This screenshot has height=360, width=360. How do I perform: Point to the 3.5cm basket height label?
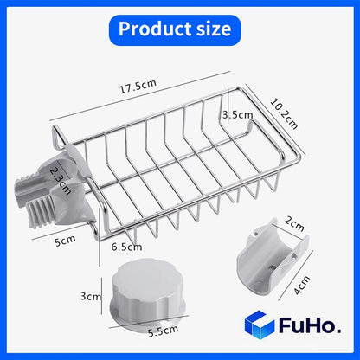236,113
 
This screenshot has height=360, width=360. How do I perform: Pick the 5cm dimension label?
63,242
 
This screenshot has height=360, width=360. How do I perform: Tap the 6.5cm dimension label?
128,247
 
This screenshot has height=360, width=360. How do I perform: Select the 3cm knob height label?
90,296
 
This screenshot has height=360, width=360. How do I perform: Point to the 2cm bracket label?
295,226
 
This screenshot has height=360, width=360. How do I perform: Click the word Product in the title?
150,29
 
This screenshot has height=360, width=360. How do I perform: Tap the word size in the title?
212,29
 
